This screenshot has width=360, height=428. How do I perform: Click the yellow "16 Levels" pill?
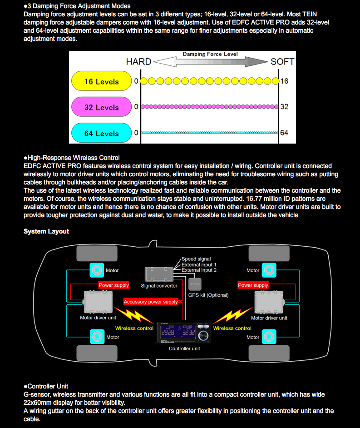(101, 82)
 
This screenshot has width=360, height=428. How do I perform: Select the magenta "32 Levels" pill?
(101, 108)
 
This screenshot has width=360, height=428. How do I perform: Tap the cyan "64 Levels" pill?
(101, 134)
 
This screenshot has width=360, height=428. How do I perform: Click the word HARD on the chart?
(138, 62)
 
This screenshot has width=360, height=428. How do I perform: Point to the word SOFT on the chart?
(282, 62)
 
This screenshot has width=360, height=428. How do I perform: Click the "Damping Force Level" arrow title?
(210, 54)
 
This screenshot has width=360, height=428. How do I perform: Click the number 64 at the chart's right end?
(284, 133)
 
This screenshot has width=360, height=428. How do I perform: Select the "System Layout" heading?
(46, 231)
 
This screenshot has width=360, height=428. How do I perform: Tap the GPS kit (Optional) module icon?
(195, 284)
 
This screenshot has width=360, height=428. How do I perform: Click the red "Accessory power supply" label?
(151, 302)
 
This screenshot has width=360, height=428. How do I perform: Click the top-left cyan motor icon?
(97, 270)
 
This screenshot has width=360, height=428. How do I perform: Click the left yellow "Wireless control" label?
(134, 328)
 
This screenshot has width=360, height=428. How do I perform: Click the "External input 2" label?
(199, 270)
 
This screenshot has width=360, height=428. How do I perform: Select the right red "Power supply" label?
(253, 285)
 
